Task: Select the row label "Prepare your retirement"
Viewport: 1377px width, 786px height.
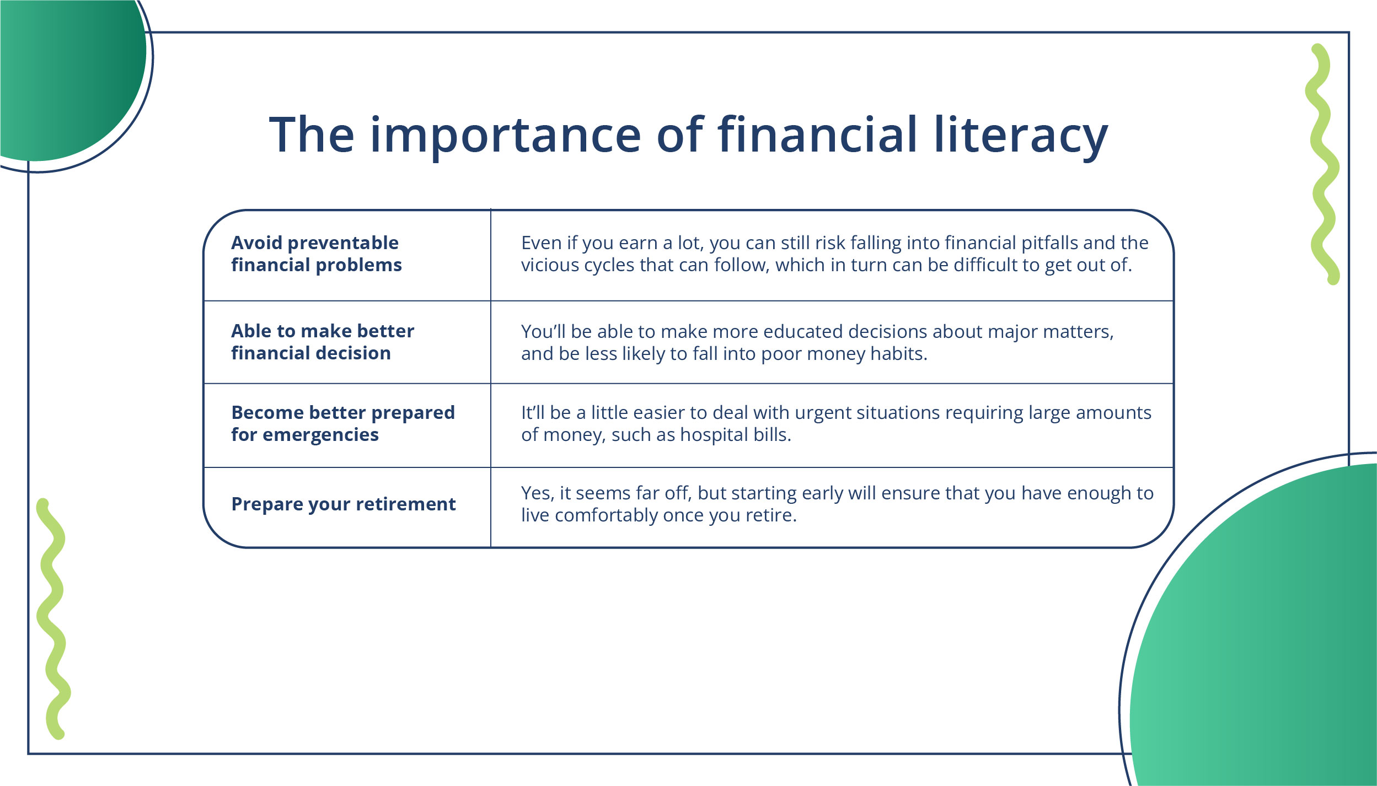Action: tap(343, 504)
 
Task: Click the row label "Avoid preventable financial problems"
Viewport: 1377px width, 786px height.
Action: tap(316, 254)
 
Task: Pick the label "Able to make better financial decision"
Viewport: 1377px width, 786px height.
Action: tap(323, 342)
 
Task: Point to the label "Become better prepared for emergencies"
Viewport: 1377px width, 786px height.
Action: tap(343, 423)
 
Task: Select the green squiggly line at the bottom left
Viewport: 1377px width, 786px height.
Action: tap(52, 619)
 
